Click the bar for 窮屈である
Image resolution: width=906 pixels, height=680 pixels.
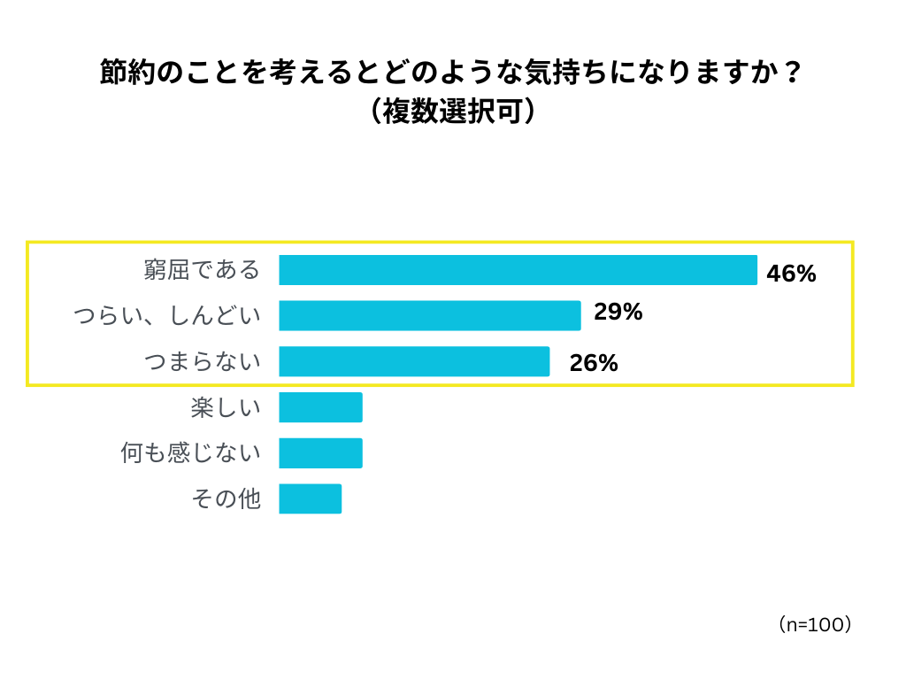click(518, 270)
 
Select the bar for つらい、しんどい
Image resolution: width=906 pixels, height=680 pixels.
click(430, 315)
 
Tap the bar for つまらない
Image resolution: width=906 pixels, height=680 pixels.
click(414, 361)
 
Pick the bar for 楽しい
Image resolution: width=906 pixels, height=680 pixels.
click(320, 407)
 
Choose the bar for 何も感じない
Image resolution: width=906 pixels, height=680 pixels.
click(320, 452)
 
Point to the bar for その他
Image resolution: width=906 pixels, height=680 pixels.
click(310, 498)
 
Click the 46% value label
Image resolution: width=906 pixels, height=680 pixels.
click(791, 274)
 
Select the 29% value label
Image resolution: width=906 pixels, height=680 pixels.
click(618, 312)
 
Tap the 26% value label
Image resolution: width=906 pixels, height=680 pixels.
click(594, 363)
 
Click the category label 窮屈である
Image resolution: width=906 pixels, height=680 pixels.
click(203, 270)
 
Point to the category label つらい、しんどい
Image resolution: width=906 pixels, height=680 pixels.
click(167, 315)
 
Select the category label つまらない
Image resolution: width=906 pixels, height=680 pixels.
click(203, 361)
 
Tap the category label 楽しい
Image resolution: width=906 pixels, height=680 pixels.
click(226, 407)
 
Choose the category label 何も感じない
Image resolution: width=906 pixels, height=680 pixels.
click(191, 452)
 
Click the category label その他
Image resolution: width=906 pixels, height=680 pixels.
click(226, 498)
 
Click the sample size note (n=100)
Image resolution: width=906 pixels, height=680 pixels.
click(815, 624)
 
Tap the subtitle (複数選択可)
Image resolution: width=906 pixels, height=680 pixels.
click(452, 112)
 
